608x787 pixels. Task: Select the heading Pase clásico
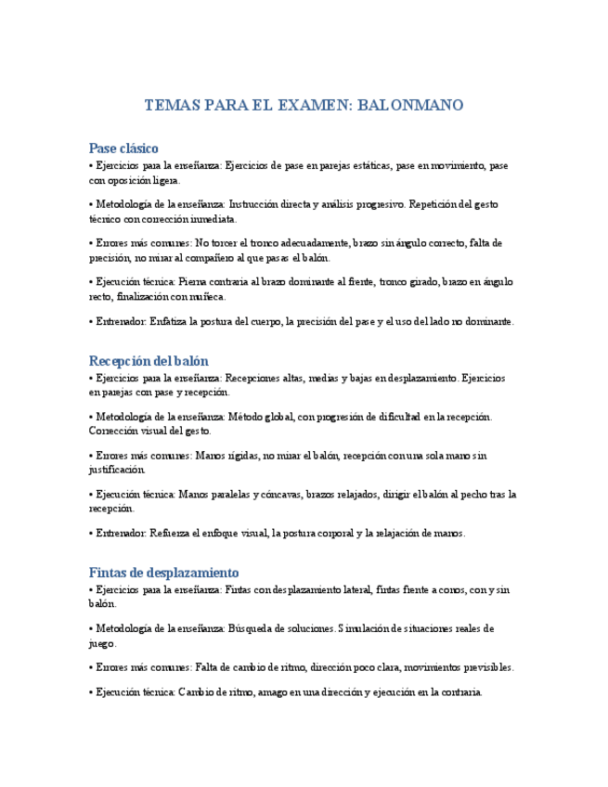click(x=123, y=148)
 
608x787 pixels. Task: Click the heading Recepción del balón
click(x=149, y=360)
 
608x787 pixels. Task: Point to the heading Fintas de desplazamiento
click(x=163, y=573)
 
